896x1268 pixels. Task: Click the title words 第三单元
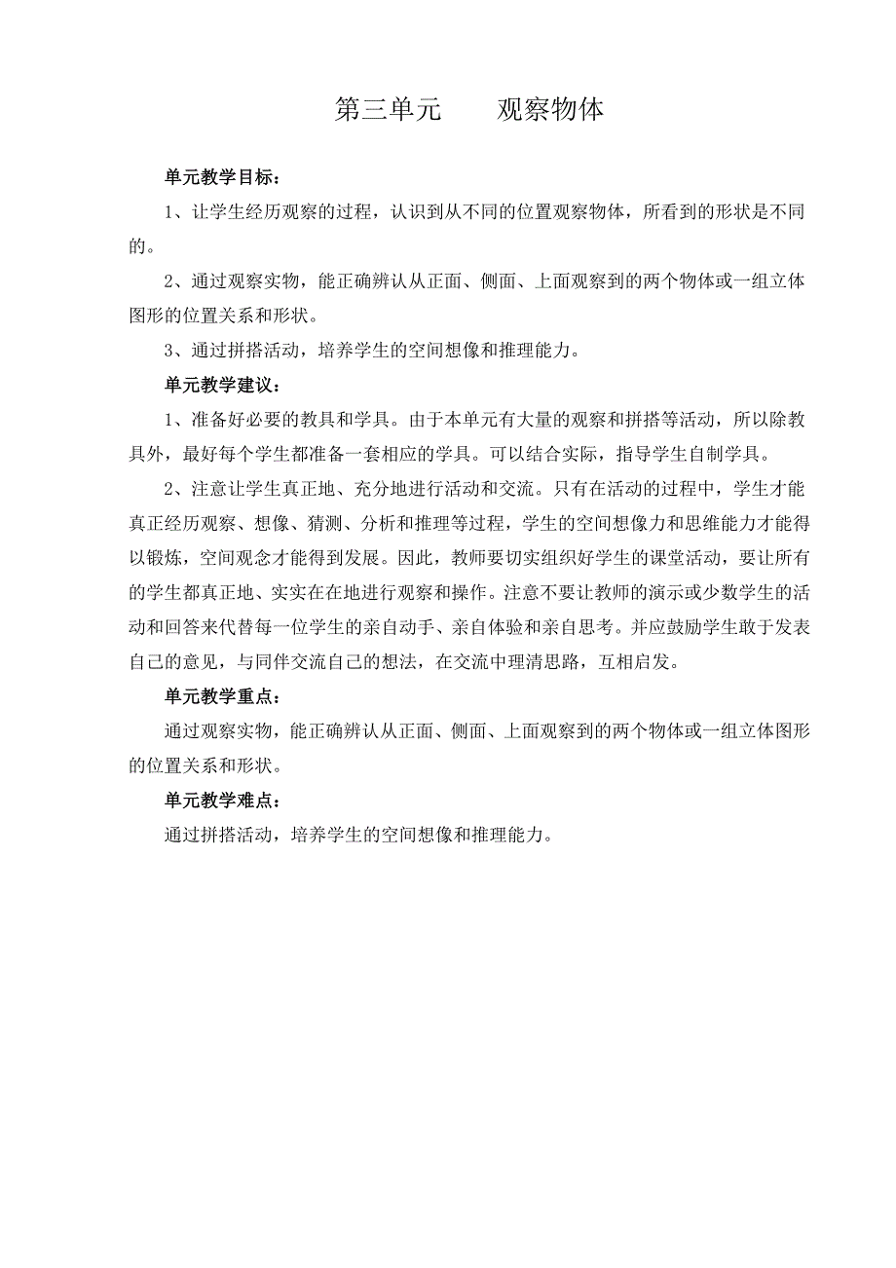click(x=388, y=110)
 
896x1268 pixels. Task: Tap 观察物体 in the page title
click(x=550, y=110)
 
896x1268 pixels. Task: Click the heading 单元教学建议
click(x=223, y=386)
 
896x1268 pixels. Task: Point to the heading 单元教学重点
click(x=223, y=697)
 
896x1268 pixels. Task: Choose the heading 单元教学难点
click(x=223, y=801)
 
